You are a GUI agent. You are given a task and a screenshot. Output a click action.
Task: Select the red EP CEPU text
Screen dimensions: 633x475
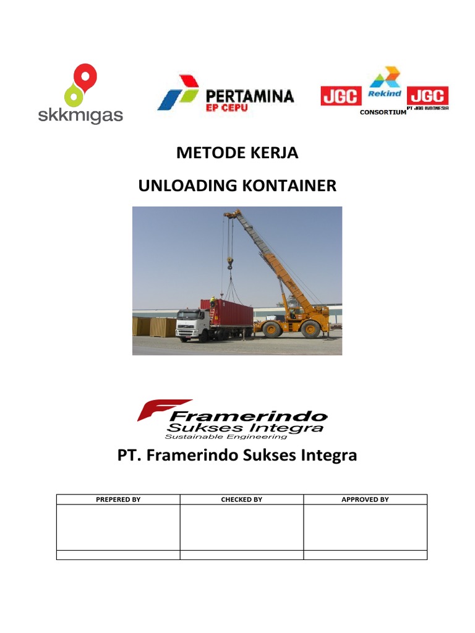(227, 110)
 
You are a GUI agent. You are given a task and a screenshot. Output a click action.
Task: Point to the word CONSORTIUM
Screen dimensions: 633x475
(383, 112)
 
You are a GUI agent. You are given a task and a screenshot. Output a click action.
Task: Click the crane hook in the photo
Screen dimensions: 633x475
(231, 264)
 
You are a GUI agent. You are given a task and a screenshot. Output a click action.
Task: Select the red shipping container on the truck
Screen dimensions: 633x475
(226, 312)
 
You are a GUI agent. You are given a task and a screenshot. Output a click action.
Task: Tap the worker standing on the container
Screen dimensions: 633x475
(213, 301)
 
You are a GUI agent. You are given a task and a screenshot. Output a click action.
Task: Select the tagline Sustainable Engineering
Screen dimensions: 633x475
(226, 436)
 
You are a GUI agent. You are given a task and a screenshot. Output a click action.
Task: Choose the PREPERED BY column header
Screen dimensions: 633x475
(118, 499)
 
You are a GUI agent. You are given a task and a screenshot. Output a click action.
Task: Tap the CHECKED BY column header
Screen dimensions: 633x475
(242, 499)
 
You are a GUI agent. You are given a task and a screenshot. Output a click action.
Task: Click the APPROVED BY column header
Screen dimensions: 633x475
(366, 499)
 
